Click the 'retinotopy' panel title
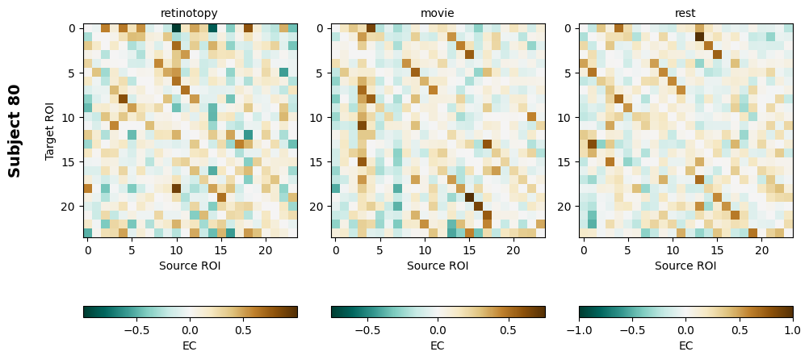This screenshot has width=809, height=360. point(190,13)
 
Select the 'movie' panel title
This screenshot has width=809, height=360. point(438,13)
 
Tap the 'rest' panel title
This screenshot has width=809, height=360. point(685,13)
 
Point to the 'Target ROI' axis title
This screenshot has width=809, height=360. point(50,131)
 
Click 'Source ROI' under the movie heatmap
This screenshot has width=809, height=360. point(438,265)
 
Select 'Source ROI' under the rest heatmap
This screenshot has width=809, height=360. point(685,265)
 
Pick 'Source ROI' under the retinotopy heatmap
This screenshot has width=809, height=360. point(190,265)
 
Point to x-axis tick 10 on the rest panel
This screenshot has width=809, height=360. point(673,250)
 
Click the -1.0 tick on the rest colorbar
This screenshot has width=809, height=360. point(579,330)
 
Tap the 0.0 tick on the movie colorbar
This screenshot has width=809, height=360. point(438,330)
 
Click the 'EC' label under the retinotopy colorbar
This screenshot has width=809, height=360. point(190,345)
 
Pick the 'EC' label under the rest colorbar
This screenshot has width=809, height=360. point(685,345)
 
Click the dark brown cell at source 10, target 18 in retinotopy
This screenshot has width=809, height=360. point(176,188)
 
